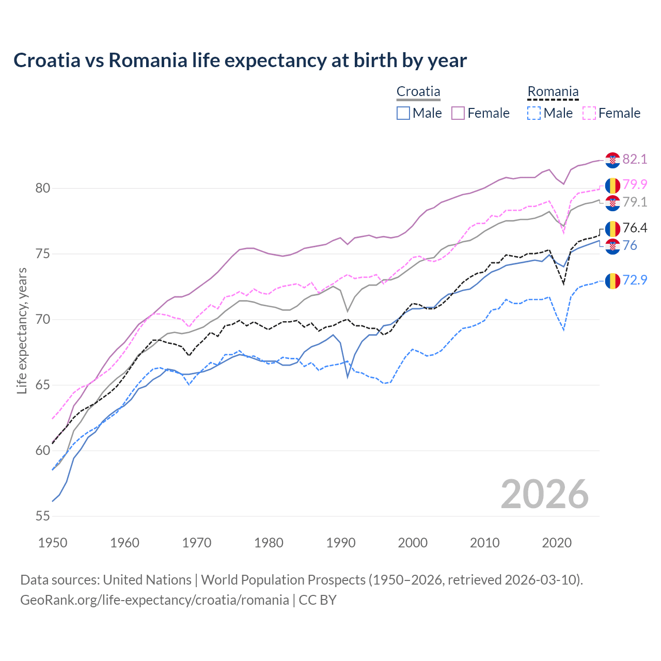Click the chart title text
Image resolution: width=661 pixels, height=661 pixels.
240,60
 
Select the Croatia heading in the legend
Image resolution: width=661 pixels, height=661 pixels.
418,92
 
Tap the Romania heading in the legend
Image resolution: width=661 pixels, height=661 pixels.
553,92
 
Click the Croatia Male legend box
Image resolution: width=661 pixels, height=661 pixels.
403,113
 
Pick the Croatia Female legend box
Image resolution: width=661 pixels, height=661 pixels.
458,113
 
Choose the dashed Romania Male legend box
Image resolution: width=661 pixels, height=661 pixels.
534,113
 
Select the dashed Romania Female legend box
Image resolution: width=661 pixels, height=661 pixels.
589,113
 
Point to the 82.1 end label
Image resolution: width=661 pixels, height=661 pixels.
635,159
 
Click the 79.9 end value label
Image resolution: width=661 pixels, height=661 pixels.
635,184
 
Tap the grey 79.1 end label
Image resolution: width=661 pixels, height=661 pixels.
635,202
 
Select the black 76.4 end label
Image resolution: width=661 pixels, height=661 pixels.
635,228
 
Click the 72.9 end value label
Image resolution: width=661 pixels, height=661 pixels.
635,280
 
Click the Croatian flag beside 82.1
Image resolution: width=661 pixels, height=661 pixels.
612,160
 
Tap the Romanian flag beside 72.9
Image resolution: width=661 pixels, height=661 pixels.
612,281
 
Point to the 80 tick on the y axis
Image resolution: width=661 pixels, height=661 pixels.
43,188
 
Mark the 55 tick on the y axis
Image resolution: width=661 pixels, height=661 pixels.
43,516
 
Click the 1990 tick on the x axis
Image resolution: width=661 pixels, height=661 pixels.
341,543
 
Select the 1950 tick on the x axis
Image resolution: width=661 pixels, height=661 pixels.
53,543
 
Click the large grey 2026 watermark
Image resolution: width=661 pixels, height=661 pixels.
544,494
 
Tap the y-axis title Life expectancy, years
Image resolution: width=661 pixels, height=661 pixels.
22,330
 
